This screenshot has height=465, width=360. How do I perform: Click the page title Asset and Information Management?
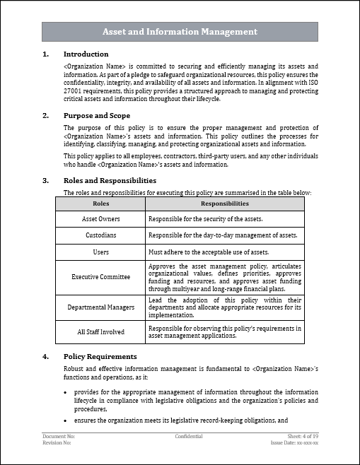[x=180, y=32]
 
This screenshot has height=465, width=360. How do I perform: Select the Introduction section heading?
[x=86, y=54]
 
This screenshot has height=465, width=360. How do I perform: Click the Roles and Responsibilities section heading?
[x=110, y=180]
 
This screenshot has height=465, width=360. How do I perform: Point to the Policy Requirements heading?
[x=100, y=356]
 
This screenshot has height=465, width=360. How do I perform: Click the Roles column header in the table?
[x=101, y=204]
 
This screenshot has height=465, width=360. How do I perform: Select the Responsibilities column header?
[x=224, y=204]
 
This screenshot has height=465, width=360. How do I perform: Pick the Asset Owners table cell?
[x=101, y=219]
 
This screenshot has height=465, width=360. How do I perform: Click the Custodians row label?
[x=101, y=235]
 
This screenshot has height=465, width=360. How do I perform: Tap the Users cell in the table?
[x=101, y=252]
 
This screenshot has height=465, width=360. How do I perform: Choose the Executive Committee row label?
[x=101, y=276]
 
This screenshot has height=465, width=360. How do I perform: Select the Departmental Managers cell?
[x=101, y=307]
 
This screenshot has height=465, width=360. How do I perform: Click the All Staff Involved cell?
[x=101, y=331]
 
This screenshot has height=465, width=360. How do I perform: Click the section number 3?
[x=45, y=180]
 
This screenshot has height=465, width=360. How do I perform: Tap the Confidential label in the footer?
[x=189, y=437]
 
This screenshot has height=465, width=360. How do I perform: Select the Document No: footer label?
[x=58, y=437]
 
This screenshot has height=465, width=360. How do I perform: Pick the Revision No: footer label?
[x=57, y=443]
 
